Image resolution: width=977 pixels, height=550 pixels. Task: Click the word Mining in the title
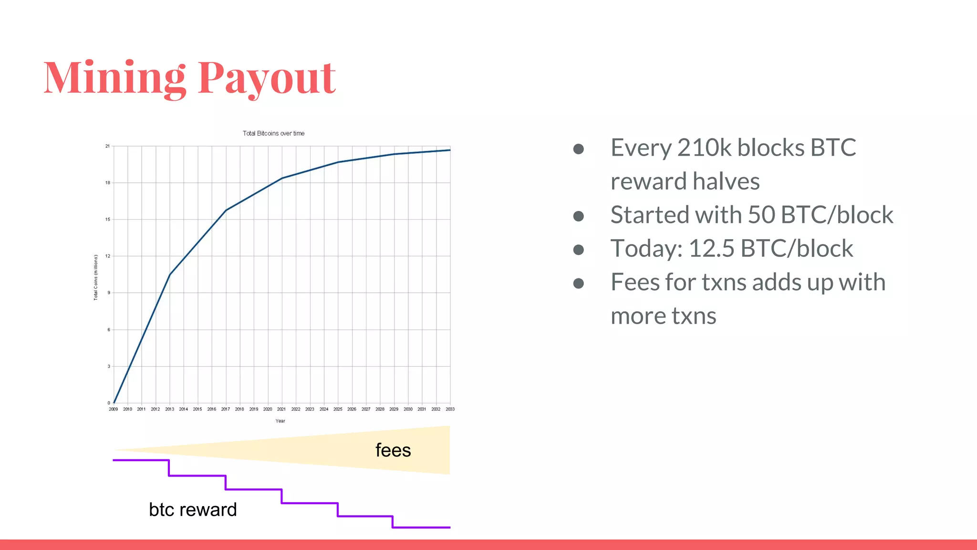114,78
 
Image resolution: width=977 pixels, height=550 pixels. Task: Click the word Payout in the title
267,78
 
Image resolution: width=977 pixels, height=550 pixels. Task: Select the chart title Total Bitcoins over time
273,134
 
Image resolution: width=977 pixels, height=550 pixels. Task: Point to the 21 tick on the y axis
107,146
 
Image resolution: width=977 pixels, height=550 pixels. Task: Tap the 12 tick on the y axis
108,256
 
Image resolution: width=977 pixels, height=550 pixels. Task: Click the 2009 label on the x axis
114,409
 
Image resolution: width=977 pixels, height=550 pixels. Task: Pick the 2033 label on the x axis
450,409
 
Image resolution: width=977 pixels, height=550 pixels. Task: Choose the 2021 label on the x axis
281,409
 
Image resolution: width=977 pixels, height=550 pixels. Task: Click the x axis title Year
280,421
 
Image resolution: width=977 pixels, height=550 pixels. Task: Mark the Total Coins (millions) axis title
95,277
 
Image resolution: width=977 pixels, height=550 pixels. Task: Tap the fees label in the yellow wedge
393,450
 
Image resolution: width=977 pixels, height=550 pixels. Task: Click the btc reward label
193,510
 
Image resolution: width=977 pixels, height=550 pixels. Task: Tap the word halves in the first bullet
726,181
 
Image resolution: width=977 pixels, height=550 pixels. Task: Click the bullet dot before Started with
579,216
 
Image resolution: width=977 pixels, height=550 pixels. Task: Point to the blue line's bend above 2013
170,275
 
